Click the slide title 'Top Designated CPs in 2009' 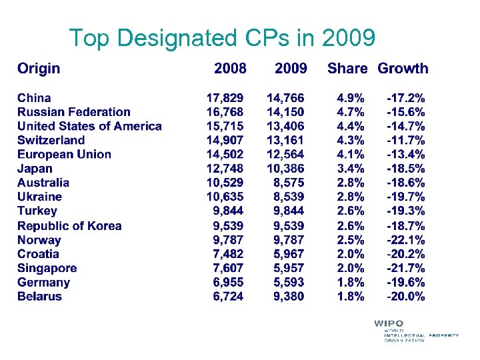pyautogui.click(x=222, y=38)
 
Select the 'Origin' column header pyautogui.click(x=39, y=68)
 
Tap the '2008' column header pyautogui.click(x=230, y=68)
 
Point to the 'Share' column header pyautogui.click(x=347, y=68)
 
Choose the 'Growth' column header pyautogui.click(x=403, y=68)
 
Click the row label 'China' pyautogui.click(x=34, y=98)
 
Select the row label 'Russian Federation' pyautogui.click(x=74, y=112)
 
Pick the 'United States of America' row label pyautogui.click(x=89, y=126)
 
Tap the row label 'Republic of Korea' pyautogui.click(x=69, y=225)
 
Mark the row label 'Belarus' pyautogui.click(x=39, y=296)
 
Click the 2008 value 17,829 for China pyautogui.click(x=225, y=98)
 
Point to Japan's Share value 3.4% pyautogui.click(x=351, y=169)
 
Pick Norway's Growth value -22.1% pyautogui.click(x=406, y=239)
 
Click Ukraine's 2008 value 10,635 pyautogui.click(x=225, y=197)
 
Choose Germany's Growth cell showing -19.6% pyautogui.click(x=406, y=282)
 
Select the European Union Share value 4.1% pyautogui.click(x=351, y=154)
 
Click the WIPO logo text pyautogui.click(x=389, y=324)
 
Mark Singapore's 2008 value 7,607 pyautogui.click(x=229, y=268)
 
